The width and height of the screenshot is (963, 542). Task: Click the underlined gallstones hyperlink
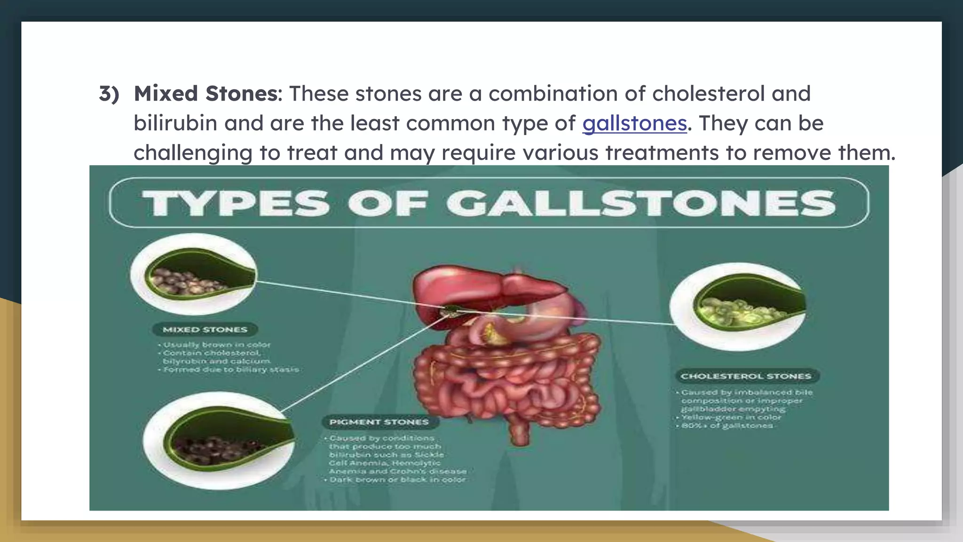coord(634,123)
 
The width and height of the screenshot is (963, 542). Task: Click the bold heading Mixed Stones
coord(206,94)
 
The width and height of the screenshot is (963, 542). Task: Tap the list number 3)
coord(109,94)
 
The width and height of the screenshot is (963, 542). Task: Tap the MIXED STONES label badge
coord(205,330)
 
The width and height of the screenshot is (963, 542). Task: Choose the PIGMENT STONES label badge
coord(379,422)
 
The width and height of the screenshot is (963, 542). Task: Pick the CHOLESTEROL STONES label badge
coord(746,376)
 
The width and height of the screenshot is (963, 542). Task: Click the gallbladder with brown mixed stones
coord(194,275)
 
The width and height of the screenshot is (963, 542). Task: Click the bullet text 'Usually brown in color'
coord(217,344)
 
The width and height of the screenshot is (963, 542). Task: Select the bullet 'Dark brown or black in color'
coord(397,480)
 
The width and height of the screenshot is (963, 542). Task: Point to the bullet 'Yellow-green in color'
coord(731,417)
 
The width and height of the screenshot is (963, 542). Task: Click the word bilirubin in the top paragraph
coord(175,123)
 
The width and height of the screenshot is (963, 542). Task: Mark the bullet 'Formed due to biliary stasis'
coord(231,370)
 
